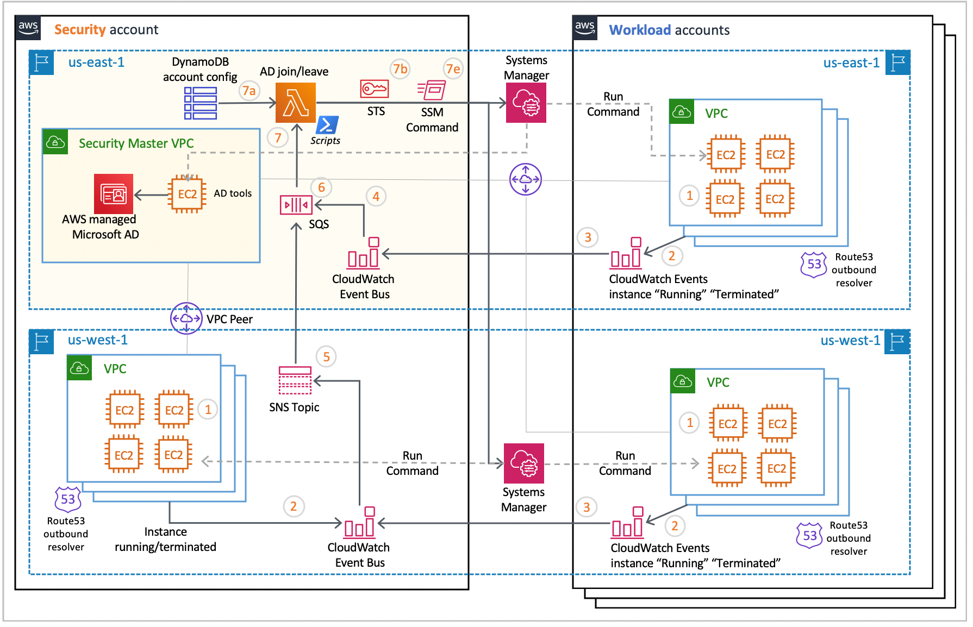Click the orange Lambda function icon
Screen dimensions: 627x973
[295, 103]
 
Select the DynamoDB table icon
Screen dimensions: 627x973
[200, 103]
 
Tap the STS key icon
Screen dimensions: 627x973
[374, 89]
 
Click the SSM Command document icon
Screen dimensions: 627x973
[432, 90]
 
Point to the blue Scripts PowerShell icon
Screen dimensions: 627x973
[327, 125]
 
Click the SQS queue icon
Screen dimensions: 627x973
[296, 205]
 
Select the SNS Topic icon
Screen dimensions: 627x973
[295, 380]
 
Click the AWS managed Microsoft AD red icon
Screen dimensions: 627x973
[114, 194]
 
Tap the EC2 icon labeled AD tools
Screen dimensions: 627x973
[188, 194]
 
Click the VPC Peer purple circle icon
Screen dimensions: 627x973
[186, 318]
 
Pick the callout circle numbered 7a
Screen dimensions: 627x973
[249, 91]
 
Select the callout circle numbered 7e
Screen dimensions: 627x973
[453, 69]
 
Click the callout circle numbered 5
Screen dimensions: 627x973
[326, 357]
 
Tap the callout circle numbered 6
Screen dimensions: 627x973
[321, 187]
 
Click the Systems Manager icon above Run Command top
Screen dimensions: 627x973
[526, 103]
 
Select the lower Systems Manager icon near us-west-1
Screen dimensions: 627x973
[523, 463]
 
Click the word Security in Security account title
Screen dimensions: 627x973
[80, 29]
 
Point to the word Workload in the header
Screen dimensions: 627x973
[640, 30]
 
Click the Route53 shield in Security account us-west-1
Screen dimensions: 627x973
[68, 499]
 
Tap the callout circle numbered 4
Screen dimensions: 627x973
[376, 197]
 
